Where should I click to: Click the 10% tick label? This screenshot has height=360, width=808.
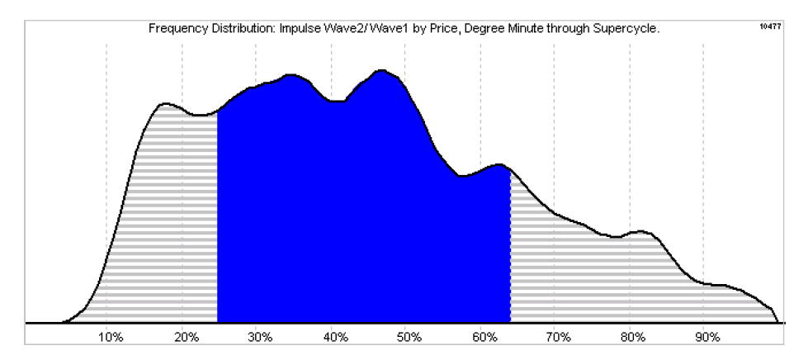coord(111,338)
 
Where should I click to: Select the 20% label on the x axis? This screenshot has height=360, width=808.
coord(186,338)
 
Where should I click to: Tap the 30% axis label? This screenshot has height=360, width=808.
coord(260,338)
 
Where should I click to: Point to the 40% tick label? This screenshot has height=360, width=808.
coord(335,338)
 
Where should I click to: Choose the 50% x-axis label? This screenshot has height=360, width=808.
coord(409,338)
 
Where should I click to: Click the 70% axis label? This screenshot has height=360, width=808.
coord(559,338)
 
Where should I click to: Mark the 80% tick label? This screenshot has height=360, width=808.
coord(633,338)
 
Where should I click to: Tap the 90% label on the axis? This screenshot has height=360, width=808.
coord(707,338)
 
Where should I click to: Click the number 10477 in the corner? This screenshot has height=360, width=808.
coord(770,26)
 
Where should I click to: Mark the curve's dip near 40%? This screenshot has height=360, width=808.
coord(337,101)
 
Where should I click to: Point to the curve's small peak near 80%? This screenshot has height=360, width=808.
coord(640,230)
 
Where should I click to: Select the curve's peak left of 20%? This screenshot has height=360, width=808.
coord(164,104)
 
